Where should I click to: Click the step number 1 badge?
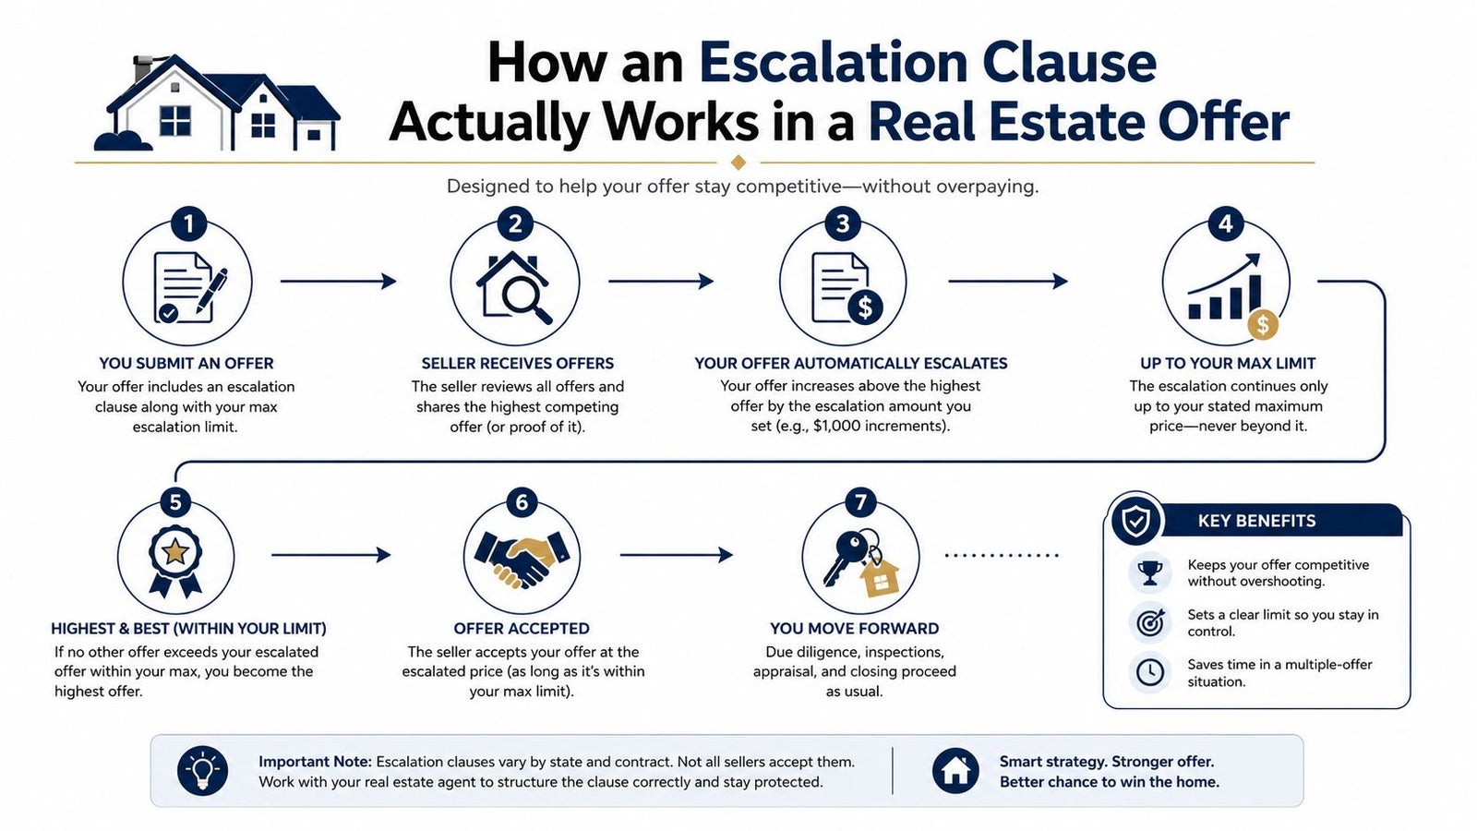pyautogui.click(x=188, y=224)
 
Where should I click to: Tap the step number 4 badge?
pyautogui.click(x=1225, y=224)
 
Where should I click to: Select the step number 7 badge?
pyautogui.click(x=859, y=503)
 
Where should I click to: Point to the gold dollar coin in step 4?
pyautogui.click(x=1263, y=325)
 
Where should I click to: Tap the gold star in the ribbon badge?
pyautogui.click(x=174, y=551)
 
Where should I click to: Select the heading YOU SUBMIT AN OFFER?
pyautogui.click(x=186, y=364)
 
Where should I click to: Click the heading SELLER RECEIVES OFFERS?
pyautogui.click(x=518, y=364)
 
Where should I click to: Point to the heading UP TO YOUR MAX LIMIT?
pyautogui.click(x=1228, y=364)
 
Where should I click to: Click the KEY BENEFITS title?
pyautogui.click(x=1256, y=521)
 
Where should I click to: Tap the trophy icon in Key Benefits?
pyautogui.click(x=1150, y=572)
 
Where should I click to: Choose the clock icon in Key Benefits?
pyautogui.click(x=1150, y=672)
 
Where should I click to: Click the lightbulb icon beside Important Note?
pyautogui.click(x=202, y=770)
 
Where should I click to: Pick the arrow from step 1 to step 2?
pyautogui.click(x=338, y=282)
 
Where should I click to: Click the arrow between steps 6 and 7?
pyautogui.click(x=677, y=555)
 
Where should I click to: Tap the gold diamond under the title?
pyautogui.click(x=738, y=163)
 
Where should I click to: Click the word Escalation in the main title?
pyautogui.click(x=833, y=64)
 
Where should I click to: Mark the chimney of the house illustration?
pyautogui.click(x=142, y=68)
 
